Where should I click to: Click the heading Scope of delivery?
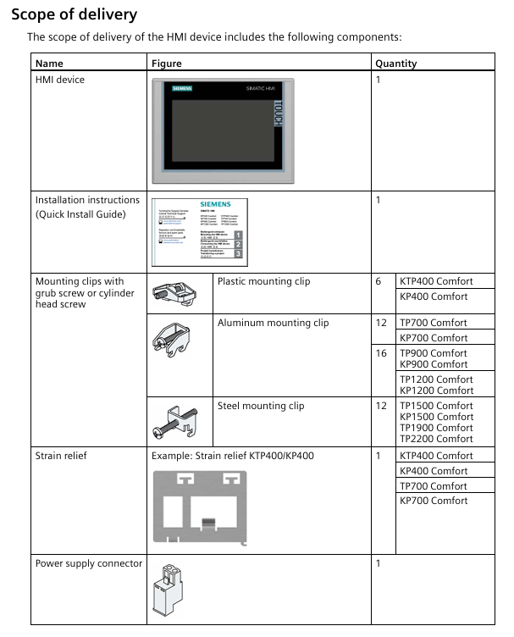pyautogui.click(x=74, y=15)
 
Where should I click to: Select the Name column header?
pyautogui.click(x=49, y=64)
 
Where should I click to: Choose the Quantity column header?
pyautogui.click(x=396, y=64)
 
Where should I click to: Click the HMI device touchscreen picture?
pyautogui.click(x=225, y=130)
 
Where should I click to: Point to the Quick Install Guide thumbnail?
pyautogui.click(x=199, y=230)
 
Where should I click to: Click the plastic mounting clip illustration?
pyautogui.click(x=175, y=293)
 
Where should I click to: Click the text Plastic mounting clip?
pyautogui.click(x=263, y=281)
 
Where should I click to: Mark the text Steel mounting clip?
pyautogui.click(x=261, y=406)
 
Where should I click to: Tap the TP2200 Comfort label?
pyautogui.click(x=436, y=439)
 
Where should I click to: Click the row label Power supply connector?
pyautogui.click(x=89, y=563)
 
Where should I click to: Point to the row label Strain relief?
pyautogui.click(x=61, y=456)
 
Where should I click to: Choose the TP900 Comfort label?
pyautogui.click(x=434, y=352)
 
